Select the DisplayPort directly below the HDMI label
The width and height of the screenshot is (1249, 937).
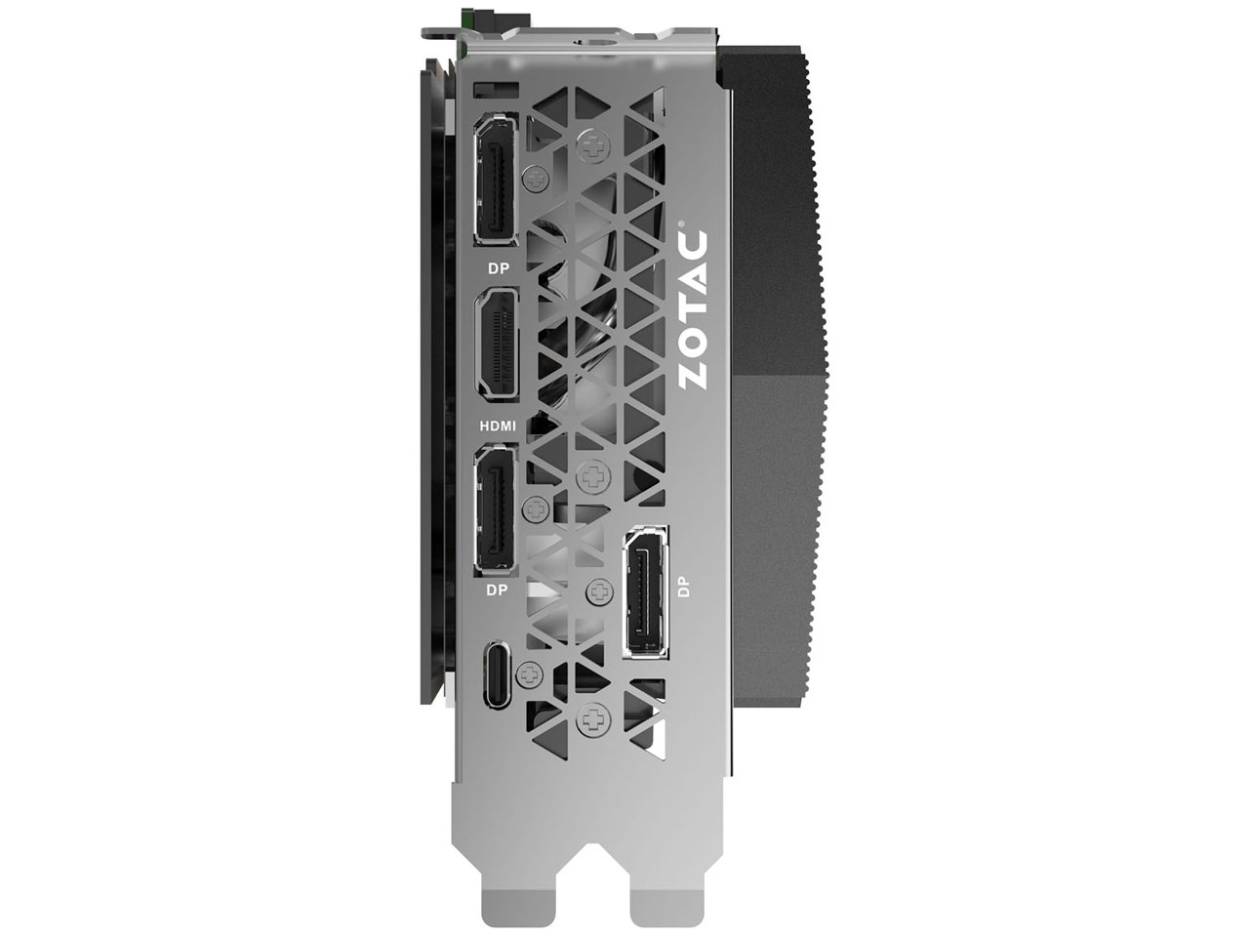pos(497,510)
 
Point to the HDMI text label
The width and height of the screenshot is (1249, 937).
pos(498,426)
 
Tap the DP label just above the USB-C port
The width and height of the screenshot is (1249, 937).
pos(497,591)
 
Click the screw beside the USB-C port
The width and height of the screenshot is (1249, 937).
pos(531,672)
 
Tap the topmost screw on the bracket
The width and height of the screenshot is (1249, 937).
pos(591,144)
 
